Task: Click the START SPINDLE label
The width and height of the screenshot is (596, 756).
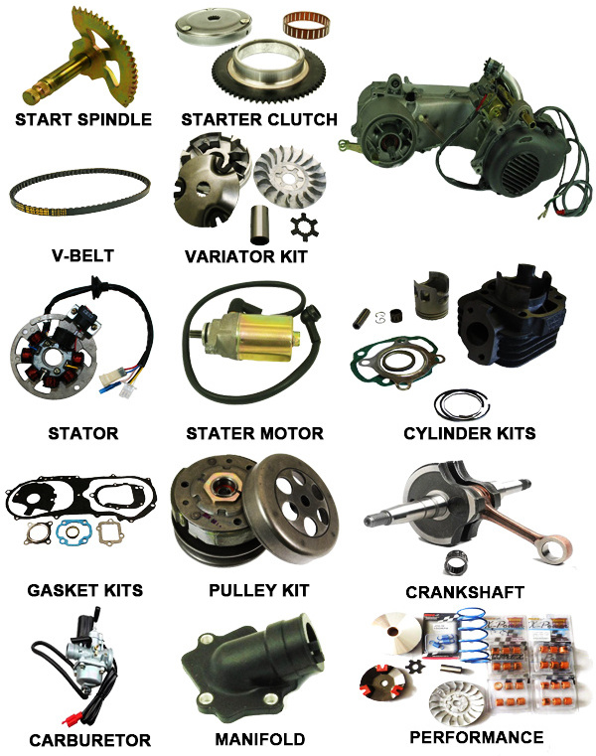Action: point(83,119)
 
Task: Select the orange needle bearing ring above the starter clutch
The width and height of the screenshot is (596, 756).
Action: point(306,25)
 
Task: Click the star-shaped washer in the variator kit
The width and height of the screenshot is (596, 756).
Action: point(304,227)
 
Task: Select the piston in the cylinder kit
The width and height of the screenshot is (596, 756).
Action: point(431,295)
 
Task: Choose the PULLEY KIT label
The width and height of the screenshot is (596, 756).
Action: point(259,590)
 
